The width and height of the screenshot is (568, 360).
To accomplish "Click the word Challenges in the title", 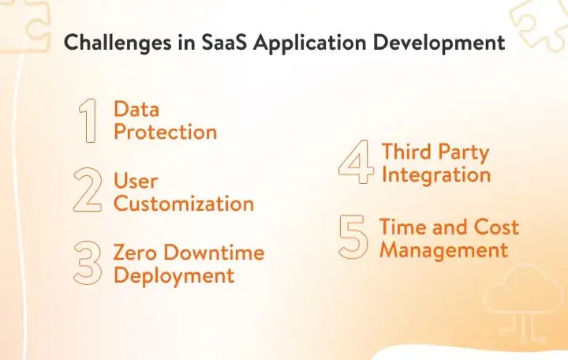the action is pos(118,43).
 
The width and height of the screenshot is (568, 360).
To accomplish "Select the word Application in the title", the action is pos(310,43).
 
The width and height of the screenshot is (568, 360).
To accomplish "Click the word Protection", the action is pos(166,132).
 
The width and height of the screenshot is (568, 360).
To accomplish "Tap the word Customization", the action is pos(184,204).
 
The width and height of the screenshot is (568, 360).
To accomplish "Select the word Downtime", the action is pos(214,252).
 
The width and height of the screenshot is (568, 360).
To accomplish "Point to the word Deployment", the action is pos(174,276).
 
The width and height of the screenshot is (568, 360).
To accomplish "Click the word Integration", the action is pos(436,175).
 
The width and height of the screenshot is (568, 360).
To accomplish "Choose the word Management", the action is pos(444,250).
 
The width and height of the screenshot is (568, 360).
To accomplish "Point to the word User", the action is pos(136,181).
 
